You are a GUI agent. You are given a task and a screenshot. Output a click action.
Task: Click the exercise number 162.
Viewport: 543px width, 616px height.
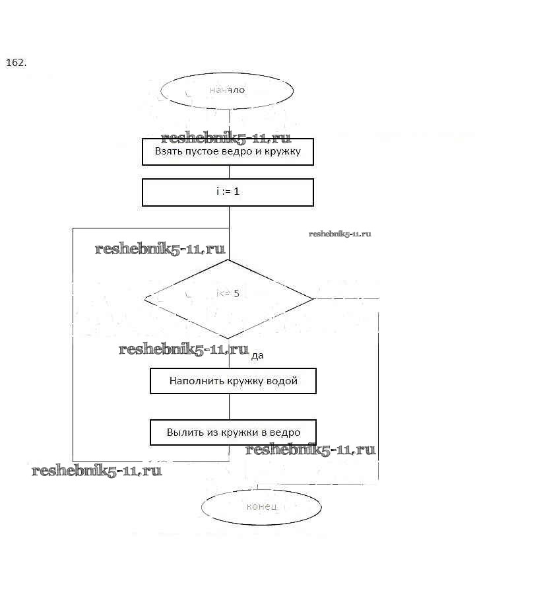click(x=16, y=63)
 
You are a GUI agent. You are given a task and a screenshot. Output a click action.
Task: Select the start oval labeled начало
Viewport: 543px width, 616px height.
click(x=228, y=90)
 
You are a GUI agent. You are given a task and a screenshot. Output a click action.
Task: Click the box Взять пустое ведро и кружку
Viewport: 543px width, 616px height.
click(x=228, y=152)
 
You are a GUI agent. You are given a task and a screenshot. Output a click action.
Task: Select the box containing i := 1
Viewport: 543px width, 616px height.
click(x=228, y=192)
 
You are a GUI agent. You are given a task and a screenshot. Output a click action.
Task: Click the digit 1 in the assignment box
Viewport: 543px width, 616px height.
click(x=236, y=191)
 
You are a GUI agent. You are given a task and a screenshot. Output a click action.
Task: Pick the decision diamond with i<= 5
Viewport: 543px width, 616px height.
click(x=228, y=298)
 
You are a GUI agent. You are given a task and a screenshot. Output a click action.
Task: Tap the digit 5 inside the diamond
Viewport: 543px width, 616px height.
click(x=236, y=293)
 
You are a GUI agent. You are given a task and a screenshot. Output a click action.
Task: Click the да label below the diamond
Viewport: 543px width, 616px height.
click(x=257, y=355)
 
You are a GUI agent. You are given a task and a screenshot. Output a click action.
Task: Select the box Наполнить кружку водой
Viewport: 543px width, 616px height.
click(x=233, y=381)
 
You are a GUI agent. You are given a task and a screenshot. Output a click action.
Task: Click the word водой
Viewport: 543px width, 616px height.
click(x=282, y=381)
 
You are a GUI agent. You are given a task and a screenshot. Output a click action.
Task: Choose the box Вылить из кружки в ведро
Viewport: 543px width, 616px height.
click(x=233, y=432)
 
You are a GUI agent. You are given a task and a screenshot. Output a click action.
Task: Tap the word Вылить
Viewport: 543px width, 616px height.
click(x=181, y=432)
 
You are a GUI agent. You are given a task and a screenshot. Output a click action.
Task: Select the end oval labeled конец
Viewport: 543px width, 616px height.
click(x=261, y=507)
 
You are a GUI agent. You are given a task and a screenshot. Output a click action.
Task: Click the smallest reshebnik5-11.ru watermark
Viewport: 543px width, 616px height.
click(x=340, y=234)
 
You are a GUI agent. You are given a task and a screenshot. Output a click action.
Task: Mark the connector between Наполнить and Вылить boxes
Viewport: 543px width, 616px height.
click(x=229, y=407)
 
